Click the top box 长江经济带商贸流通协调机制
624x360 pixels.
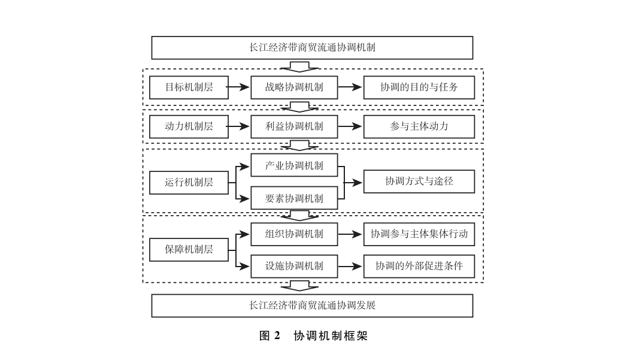point(312,47)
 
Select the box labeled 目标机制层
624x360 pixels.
point(189,87)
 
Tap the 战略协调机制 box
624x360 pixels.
point(294,87)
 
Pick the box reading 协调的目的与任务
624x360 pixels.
point(419,87)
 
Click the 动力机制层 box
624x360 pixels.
point(189,126)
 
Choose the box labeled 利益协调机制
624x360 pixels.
point(294,126)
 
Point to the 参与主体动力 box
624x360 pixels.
point(419,126)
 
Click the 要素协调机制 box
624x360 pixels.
point(294,198)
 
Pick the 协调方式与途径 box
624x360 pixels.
point(419,181)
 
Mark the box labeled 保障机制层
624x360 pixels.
point(189,249)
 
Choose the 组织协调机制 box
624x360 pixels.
point(294,234)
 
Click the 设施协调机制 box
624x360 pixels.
point(294,265)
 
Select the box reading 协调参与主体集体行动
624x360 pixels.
point(419,234)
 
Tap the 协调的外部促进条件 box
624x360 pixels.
point(419,265)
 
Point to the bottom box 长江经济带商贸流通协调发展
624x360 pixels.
point(312,305)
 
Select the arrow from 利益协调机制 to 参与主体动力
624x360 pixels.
point(350,126)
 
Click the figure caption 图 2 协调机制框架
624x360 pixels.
point(313,336)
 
